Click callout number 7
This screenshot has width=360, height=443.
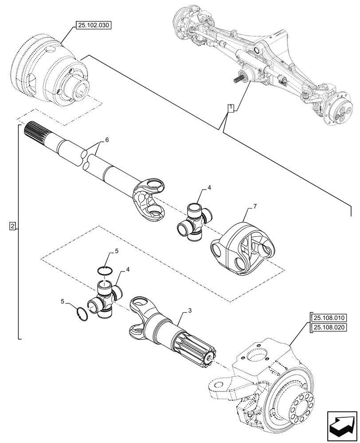pyautogui.click(x=254, y=206)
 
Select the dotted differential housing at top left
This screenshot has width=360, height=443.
pyautogui.click(x=51, y=71)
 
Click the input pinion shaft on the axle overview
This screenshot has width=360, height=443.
pyautogui.click(x=240, y=79)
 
